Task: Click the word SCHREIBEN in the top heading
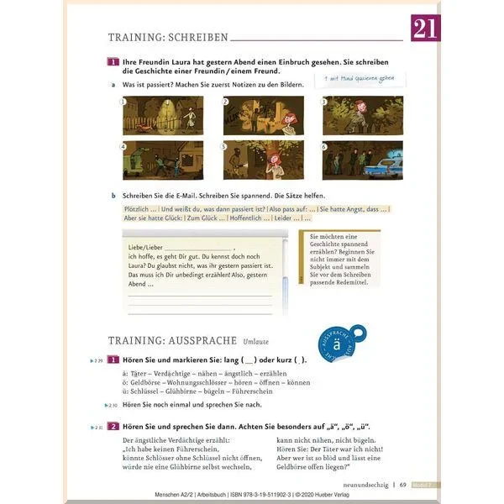tap(195, 37)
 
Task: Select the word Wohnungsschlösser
tap(200, 382)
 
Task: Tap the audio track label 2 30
tap(97, 405)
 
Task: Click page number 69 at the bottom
tap(403, 484)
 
